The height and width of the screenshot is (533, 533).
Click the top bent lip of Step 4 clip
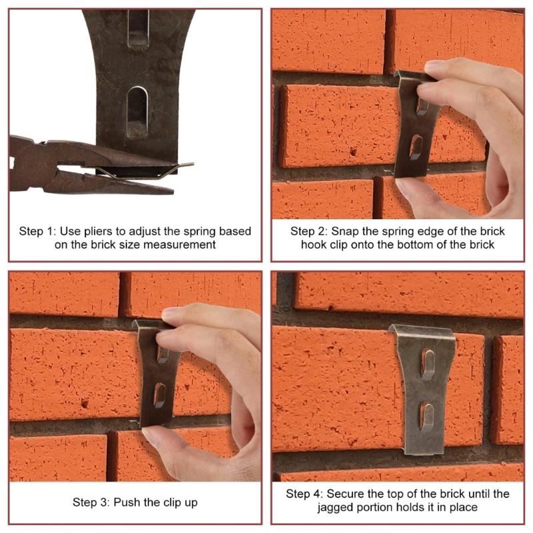tap(421, 331)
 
